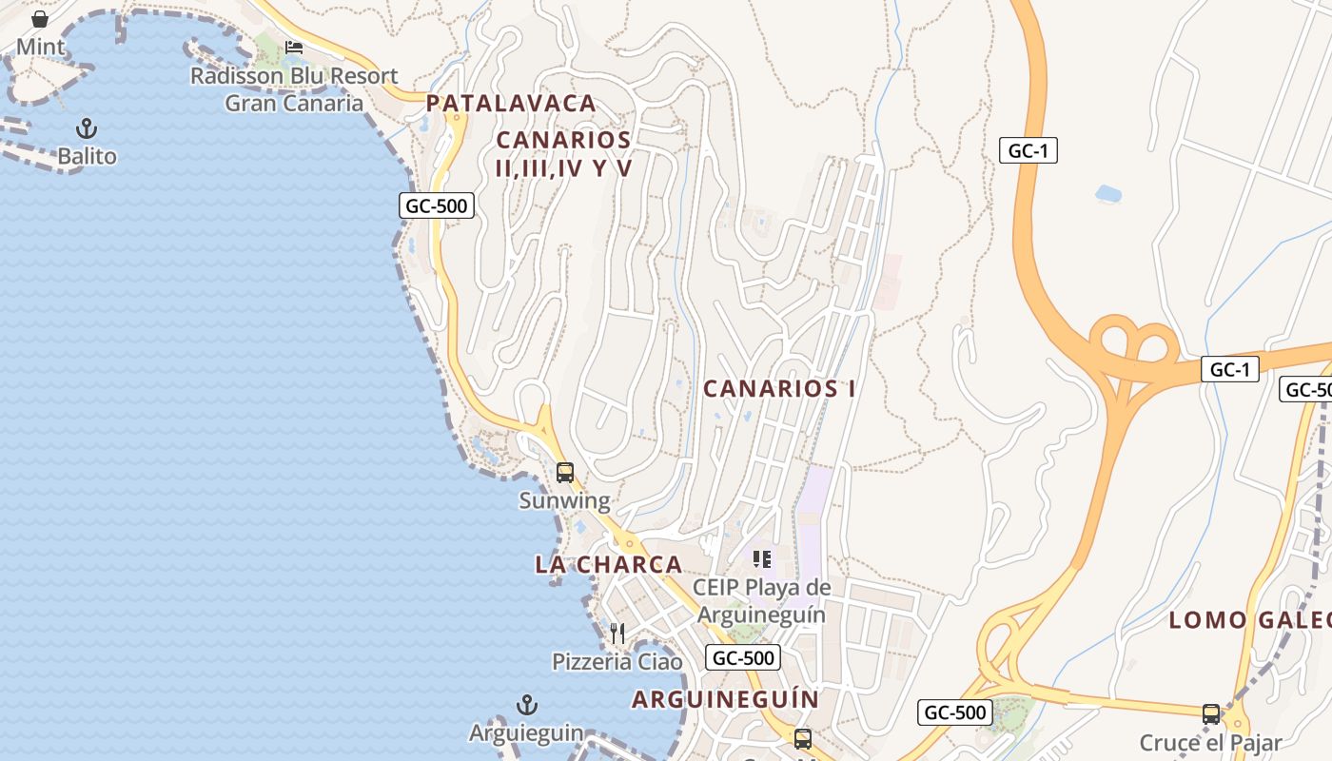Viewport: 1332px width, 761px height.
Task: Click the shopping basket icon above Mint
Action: (x=40, y=19)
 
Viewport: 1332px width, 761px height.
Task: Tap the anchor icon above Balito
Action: (x=87, y=128)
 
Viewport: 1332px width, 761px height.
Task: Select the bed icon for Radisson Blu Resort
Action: (x=294, y=47)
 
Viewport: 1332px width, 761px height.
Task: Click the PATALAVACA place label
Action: (x=511, y=103)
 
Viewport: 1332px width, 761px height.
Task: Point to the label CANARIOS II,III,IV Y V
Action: (x=563, y=154)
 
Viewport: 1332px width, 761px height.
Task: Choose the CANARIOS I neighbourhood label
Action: (x=779, y=388)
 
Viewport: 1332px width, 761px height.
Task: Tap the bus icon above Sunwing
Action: (x=564, y=472)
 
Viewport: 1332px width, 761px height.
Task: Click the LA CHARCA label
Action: (x=609, y=564)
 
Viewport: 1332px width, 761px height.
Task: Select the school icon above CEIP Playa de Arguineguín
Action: (x=761, y=559)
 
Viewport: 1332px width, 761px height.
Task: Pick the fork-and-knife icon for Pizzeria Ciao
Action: (x=617, y=633)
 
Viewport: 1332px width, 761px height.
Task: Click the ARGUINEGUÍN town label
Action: (x=725, y=699)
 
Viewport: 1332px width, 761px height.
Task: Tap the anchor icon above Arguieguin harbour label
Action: (x=526, y=705)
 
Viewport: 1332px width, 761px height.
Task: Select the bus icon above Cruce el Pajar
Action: (x=1210, y=713)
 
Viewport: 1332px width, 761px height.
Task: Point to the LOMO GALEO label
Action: (x=1249, y=620)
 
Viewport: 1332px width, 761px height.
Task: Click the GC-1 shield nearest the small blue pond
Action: (x=1028, y=150)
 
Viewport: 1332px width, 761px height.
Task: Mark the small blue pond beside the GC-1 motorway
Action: (x=1107, y=193)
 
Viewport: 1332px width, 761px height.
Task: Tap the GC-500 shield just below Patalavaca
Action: (x=435, y=205)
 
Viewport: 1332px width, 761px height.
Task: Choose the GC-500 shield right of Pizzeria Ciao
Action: (x=742, y=657)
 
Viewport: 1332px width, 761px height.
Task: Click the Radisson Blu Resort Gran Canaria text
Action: (x=294, y=89)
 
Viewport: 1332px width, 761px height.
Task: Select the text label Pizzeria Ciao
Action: (x=617, y=661)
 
